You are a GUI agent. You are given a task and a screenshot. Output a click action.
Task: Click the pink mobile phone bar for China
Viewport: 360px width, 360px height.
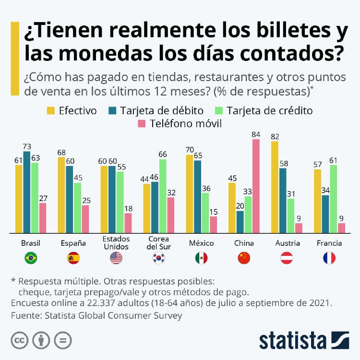255,186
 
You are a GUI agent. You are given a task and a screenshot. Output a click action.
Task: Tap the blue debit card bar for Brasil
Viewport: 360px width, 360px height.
27,192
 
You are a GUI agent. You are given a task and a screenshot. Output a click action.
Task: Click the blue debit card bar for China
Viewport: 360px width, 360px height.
240,222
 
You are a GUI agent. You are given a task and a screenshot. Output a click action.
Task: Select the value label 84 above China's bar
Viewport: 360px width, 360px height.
255,134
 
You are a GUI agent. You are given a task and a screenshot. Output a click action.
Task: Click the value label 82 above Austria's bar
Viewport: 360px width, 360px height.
275,137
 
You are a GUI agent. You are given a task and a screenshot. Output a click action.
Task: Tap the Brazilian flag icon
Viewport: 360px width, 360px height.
31,258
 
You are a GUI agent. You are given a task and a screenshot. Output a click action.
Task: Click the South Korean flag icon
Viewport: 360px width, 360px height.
159,258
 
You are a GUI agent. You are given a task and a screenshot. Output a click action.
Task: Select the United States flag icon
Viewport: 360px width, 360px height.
116,258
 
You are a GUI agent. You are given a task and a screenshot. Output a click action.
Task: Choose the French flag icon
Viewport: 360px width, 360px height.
329,258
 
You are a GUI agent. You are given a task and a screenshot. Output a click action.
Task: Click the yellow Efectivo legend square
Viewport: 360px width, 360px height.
50,111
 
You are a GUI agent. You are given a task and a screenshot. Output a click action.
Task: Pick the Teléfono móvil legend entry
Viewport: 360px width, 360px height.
180,124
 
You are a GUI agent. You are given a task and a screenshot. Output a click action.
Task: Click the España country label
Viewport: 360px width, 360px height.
73,243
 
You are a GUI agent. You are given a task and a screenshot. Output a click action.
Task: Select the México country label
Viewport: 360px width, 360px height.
202,243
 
